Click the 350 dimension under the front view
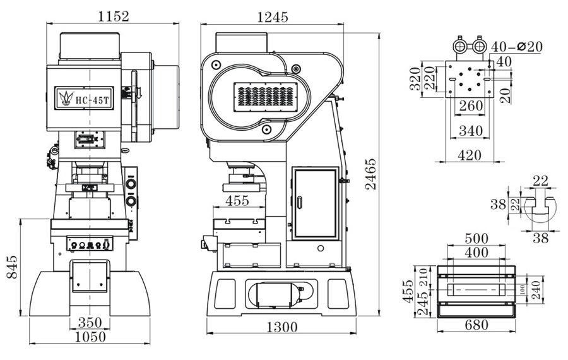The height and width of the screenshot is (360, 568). (90, 322)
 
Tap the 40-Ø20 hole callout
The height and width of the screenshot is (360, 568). (516, 47)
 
